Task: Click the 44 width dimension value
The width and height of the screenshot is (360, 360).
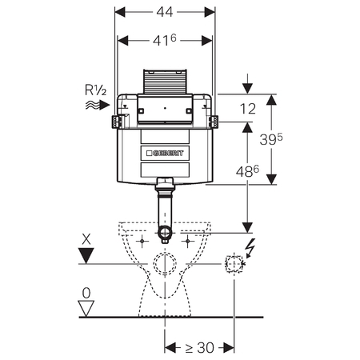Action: (165, 12)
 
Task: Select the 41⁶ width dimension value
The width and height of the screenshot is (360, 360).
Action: (165, 40)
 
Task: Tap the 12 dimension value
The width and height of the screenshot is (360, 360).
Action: (248, 109)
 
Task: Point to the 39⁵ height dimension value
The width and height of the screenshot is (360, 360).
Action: (271, 139)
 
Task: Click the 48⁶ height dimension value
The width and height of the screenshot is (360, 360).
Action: (247, 171)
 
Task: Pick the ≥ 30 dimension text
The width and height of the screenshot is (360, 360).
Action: (200, 347)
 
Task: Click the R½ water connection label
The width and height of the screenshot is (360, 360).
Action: (95, 90)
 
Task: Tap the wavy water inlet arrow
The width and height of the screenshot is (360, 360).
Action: (98, 105)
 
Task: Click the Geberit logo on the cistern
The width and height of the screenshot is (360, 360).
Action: (165, 153)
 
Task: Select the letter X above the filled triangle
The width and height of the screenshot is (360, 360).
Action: (86, 239)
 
